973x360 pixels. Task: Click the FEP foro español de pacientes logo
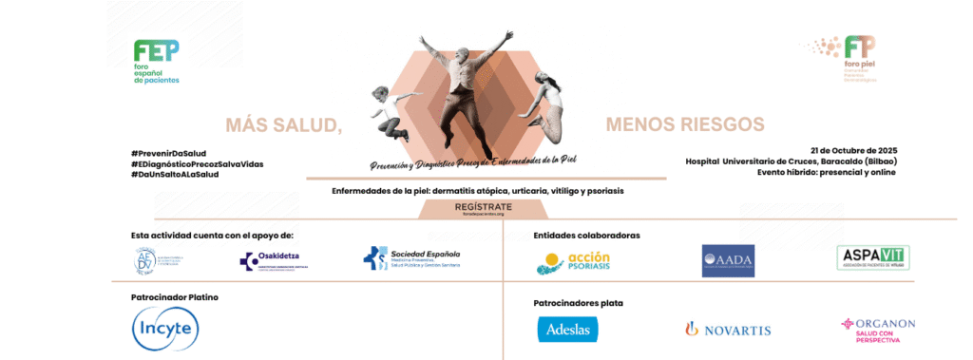(x=156, y=62)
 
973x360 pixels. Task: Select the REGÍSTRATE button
(x=484, y=206)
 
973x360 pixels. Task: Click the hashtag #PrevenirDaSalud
(x=168, y=153)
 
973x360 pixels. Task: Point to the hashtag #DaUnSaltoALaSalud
(x=175, y=174)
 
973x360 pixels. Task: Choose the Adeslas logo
(x=567, y=329)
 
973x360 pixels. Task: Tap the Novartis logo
(x=727, y=329)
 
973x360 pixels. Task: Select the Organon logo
(x=877, y=328)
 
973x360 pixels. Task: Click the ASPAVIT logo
(x=873, y=257)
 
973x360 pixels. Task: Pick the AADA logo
(x=727, y=259)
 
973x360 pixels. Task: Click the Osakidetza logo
(x=274, y=260)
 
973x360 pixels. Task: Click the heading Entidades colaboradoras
(x=586, y=234)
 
